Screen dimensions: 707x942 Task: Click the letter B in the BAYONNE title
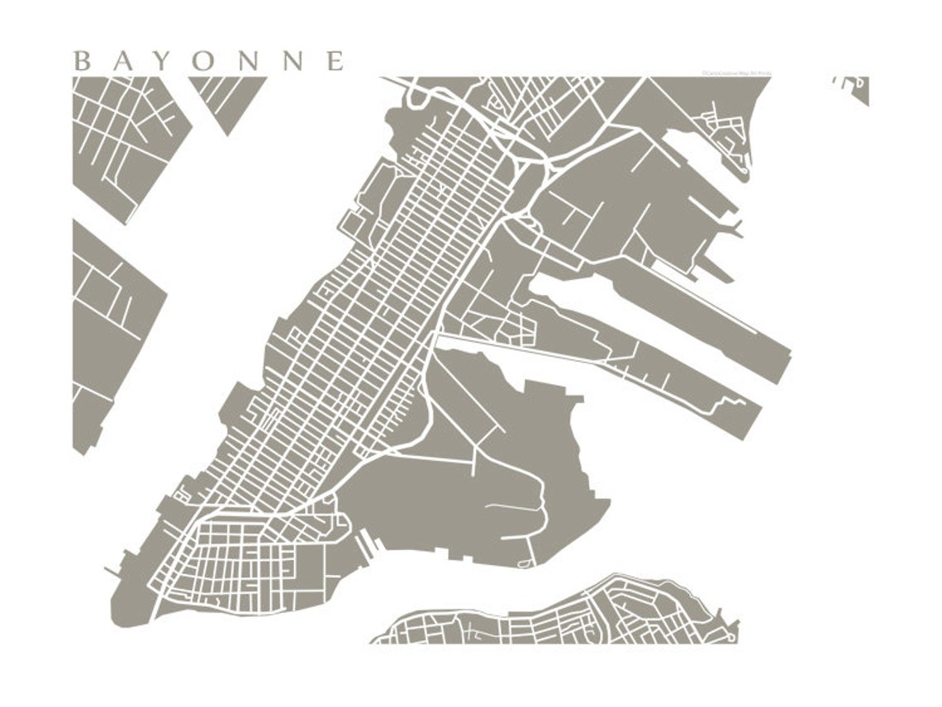point(82,61)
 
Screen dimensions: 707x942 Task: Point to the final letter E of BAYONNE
point(335,61)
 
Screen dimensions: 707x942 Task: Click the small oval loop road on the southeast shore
point(523,563)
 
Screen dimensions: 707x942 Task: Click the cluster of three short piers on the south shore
point(367,544)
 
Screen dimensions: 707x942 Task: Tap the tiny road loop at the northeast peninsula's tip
point(743,171)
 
